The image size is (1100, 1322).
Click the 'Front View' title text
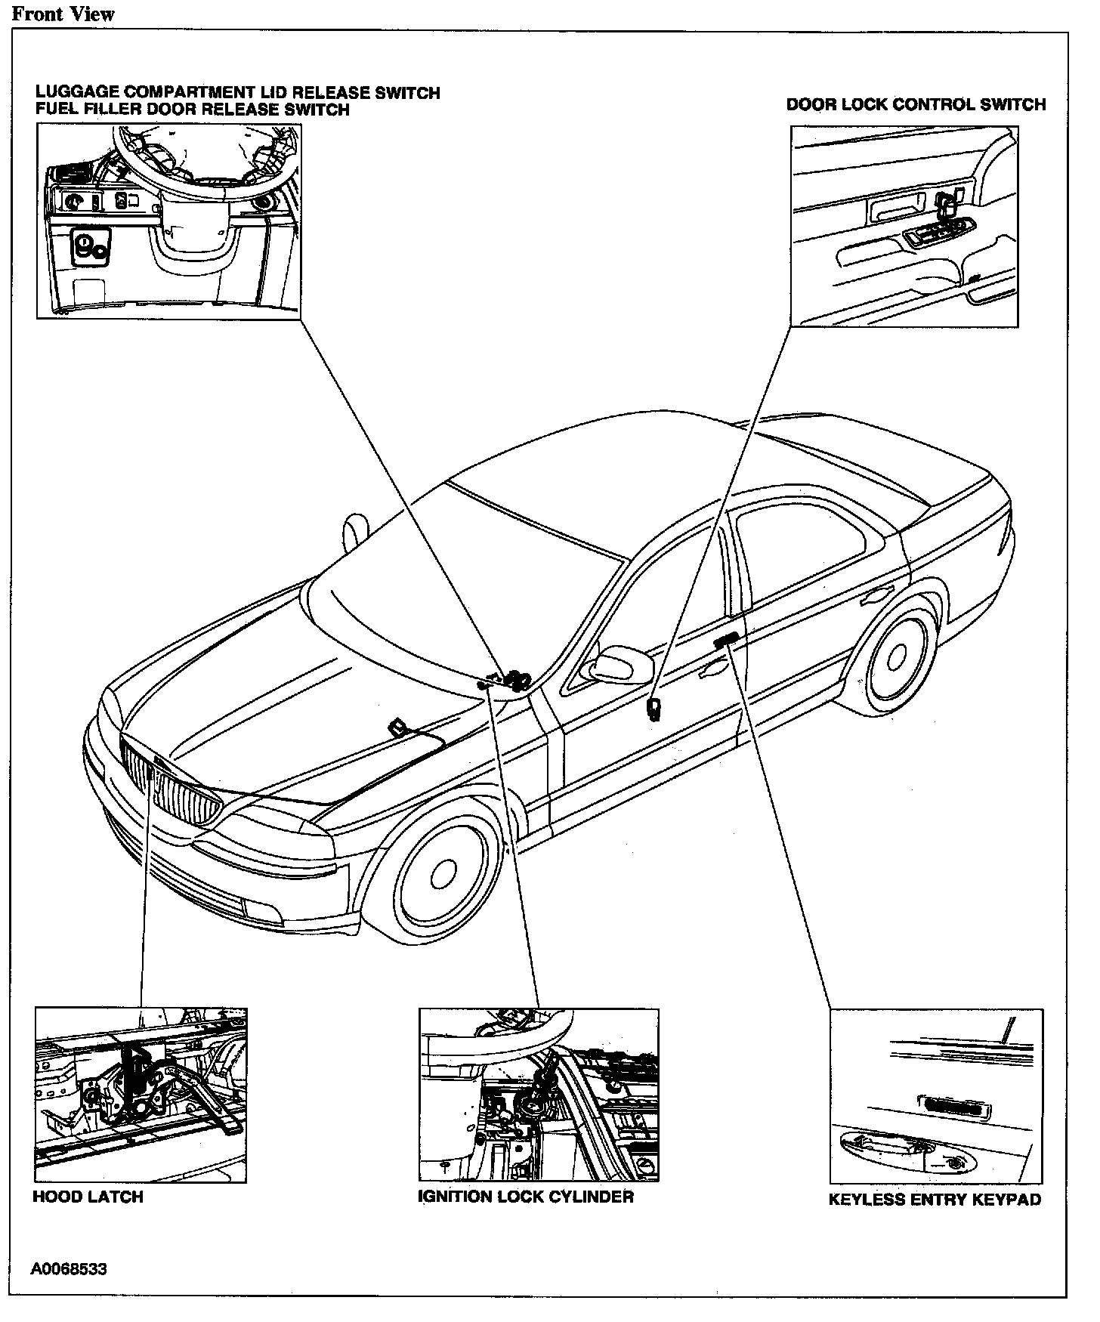(x=63, y=14)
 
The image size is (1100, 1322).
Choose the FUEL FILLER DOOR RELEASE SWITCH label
(x=193, y=110)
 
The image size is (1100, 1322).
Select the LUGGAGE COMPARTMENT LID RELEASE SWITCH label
(x=238, y=93)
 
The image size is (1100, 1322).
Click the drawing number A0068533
(x=69, y=1268)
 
